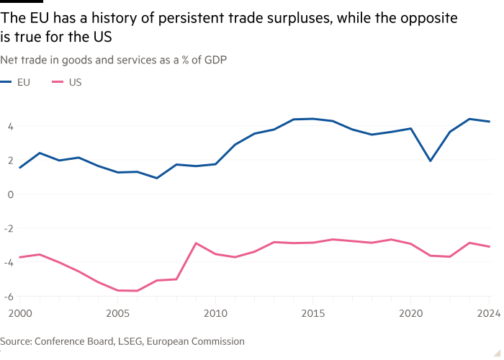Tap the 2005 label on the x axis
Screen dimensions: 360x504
click(118, 313)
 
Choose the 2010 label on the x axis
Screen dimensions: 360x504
click(215, 313)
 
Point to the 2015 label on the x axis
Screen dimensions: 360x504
click(313, 313)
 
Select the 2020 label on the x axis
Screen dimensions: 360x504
click(410, 313)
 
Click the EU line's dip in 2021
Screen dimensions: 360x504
click(430, 161)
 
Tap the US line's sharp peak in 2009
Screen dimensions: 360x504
click(196, 243)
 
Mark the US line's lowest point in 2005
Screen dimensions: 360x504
click(118, 291)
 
